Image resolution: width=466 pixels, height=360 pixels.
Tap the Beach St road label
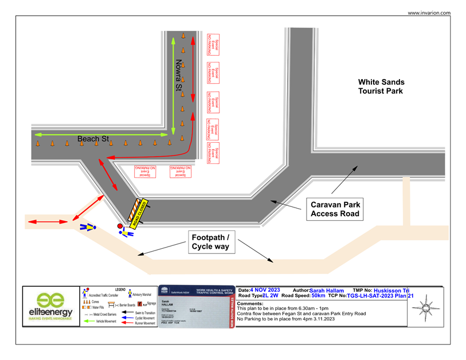[x=93, y=139]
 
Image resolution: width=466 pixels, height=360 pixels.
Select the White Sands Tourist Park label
[x=381, y=87]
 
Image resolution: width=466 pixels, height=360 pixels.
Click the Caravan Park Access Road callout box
[x=335, y=209]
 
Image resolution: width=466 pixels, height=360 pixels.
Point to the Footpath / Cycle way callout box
[x=210, y=242]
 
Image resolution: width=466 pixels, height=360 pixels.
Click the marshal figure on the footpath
[x=88, y=228]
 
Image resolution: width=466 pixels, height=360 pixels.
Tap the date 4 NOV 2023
[x=265, y=291]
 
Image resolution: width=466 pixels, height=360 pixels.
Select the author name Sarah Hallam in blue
[x=327, y=291]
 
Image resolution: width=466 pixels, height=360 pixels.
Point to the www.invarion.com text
[x=429, y=13]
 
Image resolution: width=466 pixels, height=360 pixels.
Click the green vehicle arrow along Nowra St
[x=171, y=86]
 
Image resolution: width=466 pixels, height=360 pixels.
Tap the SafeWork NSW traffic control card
[x=196, y=306]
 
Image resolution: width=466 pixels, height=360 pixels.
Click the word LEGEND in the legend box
[x=120, y=289]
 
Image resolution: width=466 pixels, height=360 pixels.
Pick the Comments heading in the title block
[x=250, y=303]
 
